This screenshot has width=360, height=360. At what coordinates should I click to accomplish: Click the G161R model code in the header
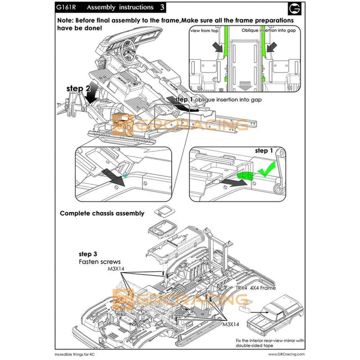point(66,8)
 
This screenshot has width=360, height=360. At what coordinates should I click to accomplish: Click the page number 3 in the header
point(162,8)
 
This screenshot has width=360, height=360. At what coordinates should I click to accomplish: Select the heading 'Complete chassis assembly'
point(102,213)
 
